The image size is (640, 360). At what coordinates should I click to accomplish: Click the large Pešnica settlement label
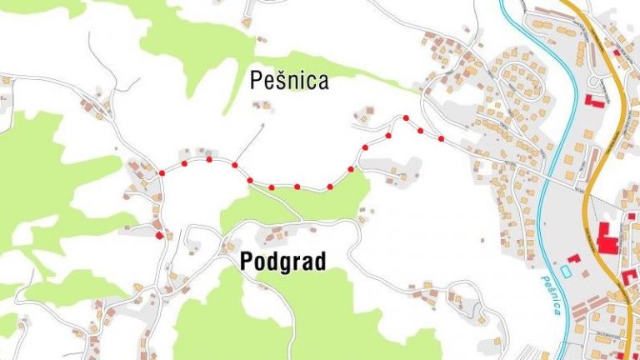[289, 81]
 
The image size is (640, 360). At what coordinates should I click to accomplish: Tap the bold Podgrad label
[282, 261]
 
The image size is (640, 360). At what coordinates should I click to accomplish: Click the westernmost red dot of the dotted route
[162, 173]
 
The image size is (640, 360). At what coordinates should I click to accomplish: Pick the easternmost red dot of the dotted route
[441, 138]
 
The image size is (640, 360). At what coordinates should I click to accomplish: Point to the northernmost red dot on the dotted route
[406, 118]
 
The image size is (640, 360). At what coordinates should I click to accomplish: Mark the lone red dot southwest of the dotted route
[158, 236]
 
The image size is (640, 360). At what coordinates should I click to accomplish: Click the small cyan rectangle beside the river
[567, 272]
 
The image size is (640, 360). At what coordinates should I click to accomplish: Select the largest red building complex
[607, 241]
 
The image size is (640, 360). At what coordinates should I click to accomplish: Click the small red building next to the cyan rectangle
[575, 259]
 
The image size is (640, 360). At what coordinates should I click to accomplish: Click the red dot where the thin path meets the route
[235, 166]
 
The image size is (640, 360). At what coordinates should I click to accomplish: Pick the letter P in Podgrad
[246, 261]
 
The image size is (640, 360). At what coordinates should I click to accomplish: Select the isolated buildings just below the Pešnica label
[262, 105]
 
